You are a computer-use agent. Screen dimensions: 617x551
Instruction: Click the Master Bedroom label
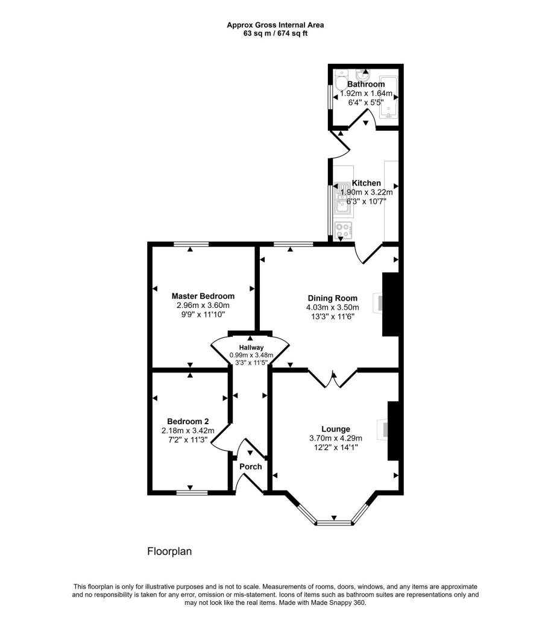203,296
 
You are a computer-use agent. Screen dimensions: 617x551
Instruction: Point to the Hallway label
251,348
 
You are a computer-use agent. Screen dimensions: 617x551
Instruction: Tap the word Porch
251,466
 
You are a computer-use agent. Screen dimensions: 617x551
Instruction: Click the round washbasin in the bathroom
363,75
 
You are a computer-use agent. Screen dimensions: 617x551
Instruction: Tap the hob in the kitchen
343,230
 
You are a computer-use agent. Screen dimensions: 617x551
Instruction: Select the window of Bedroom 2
191,493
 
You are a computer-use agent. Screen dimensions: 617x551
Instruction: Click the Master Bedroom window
190,243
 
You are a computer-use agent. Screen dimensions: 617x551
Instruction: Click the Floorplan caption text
169,551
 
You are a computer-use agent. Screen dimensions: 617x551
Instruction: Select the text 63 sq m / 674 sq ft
275,33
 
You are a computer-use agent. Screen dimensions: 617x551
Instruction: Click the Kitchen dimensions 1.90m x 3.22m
366,192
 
